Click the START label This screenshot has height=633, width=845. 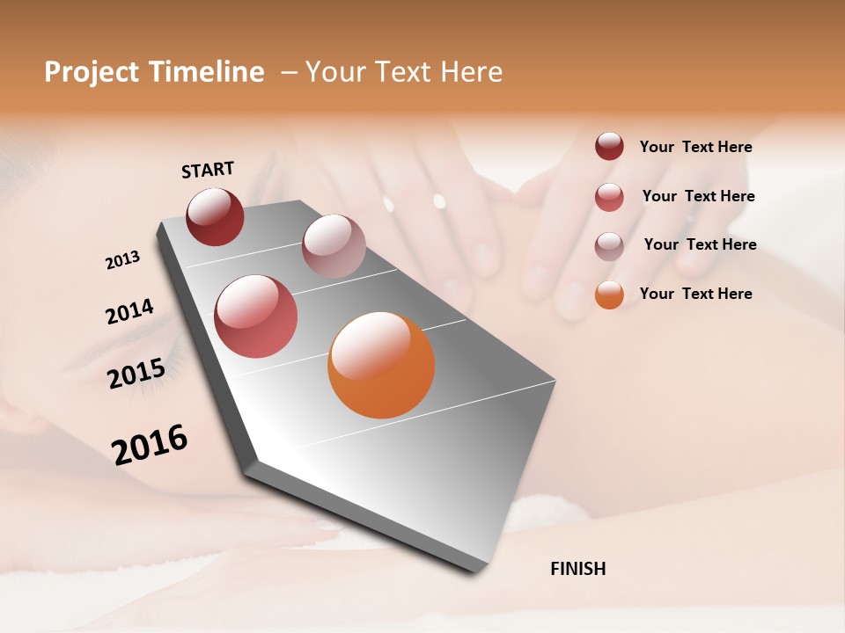click(208, 170)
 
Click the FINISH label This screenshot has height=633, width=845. click(577, 569)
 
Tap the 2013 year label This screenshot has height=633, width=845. click(122, 260)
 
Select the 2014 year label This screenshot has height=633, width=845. click(129, 311)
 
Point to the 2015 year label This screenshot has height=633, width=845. click(136, 374)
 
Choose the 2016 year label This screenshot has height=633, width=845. click(150, 444)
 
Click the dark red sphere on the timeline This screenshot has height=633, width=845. click(215, 216)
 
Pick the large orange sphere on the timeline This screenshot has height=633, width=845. click(381, 365)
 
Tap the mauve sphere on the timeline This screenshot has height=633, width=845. click(334, 245)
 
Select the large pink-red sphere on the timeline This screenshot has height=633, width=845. click(256, 316)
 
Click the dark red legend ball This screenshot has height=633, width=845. click(609, 146)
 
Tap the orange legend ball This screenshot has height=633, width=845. click(609, 295)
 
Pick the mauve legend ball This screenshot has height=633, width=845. click(609, 246)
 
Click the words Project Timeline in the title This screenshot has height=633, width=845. click(154, 72)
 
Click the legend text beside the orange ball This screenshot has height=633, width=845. click(695, 294)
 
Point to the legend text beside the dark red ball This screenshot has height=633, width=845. click(695, 148)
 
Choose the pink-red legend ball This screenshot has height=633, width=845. click(609, 197)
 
